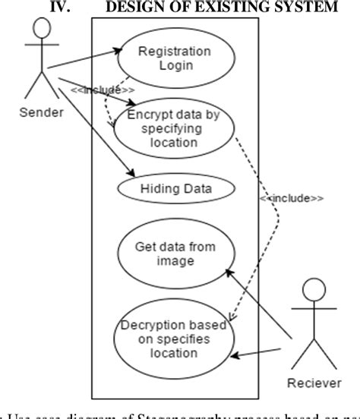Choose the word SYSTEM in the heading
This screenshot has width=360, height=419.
click(295, 7)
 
